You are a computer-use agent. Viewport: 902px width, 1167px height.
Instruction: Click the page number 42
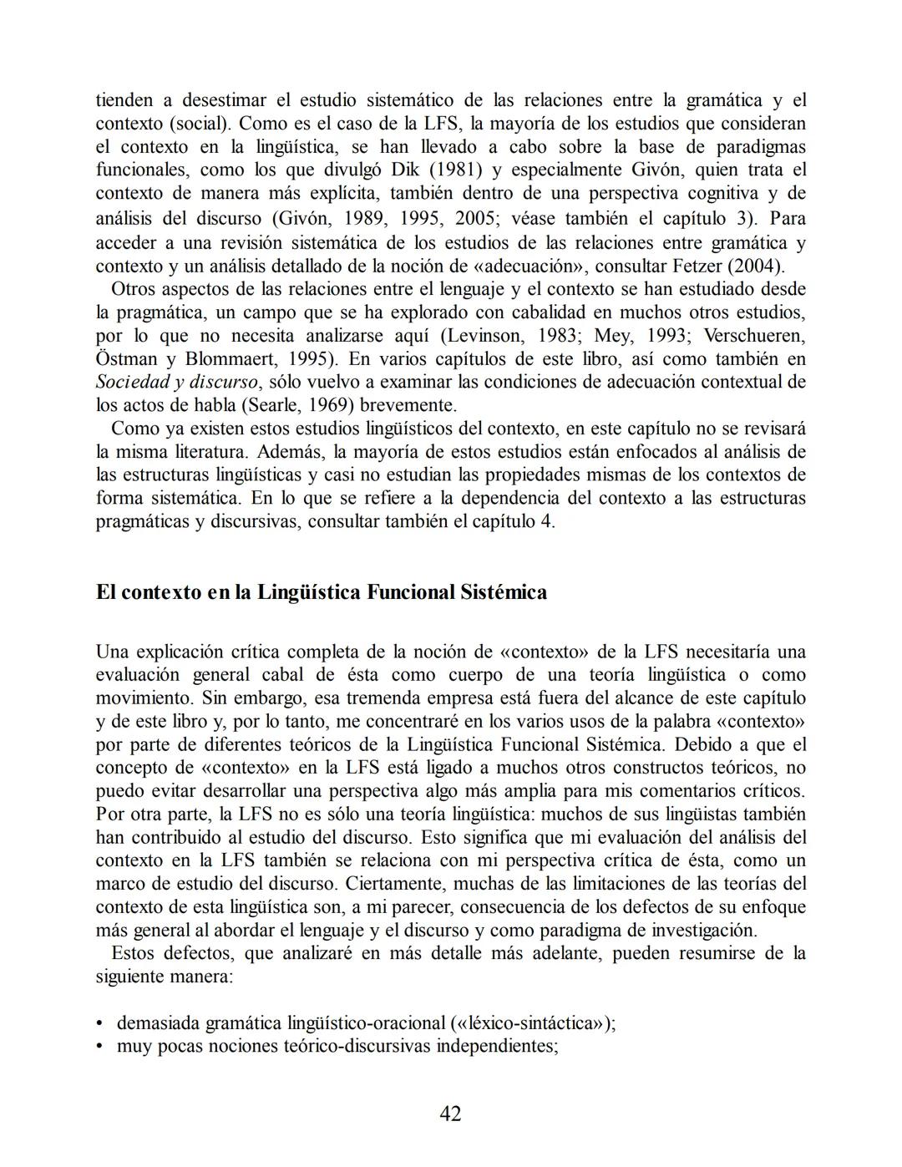pos(450,1114)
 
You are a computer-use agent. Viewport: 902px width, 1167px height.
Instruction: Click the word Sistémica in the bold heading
pos(504,592)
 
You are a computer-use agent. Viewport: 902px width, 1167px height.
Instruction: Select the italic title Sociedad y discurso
pos(176,383)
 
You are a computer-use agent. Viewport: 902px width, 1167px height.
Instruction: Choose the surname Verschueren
pos(753,336)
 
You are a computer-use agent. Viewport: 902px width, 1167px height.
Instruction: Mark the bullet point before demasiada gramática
pos(101,1023)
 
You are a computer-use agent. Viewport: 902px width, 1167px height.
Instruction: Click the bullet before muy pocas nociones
pos(101,1047)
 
